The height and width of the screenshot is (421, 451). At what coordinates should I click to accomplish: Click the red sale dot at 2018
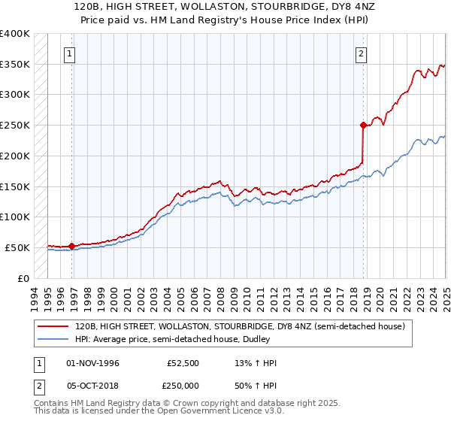(x=363, y=125)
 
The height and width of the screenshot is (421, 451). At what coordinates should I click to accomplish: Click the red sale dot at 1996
(x=71, y=246)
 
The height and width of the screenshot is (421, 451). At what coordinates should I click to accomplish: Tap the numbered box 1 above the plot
(x=69, y=53)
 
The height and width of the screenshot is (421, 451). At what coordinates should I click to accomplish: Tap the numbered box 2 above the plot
(x=362, y=53)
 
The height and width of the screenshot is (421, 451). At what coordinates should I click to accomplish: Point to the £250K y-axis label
(x=15, y=125)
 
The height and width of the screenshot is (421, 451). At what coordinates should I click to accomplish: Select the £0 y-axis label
(x=24, y=277)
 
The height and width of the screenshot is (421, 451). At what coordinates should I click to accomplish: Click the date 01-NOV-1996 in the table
(x=92, y=363)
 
